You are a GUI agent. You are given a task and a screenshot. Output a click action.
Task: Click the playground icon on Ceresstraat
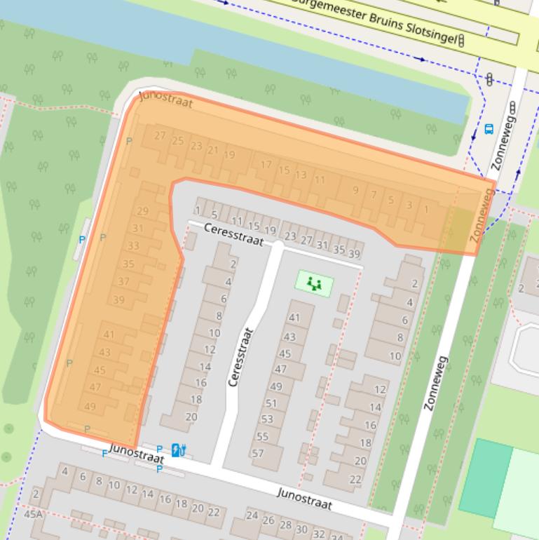[313, 284]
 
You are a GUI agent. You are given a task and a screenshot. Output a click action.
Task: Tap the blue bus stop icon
[489, 129]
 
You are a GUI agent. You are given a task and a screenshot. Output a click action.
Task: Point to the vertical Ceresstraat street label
[240, 357]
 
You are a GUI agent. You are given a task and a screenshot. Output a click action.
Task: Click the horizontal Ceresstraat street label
[234, 234]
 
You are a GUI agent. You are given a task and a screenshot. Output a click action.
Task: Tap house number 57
[257, 452]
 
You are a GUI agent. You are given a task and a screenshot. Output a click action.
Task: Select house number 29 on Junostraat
[143, 211]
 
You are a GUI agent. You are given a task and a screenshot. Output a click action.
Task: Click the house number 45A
[33, 514]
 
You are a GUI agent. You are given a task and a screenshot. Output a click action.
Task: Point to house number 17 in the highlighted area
[266, 165]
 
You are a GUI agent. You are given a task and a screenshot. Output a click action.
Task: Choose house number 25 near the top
[177, 141]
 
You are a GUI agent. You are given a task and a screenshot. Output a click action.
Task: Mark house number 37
[123, 281]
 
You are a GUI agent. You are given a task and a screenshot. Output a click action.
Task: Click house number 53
[266, 419]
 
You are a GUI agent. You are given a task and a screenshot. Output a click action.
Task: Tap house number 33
[133, 245]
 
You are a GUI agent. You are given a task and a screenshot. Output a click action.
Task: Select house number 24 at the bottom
[252, 515]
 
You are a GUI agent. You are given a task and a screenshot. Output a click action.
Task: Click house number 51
[271, 403]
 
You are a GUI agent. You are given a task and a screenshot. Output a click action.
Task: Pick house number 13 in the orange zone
[301, 175]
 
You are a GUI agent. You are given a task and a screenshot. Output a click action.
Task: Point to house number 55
[262, 436]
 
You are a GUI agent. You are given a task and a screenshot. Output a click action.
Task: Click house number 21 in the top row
[212, 150]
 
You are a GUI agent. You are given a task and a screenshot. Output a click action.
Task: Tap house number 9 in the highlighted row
[355, 190]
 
